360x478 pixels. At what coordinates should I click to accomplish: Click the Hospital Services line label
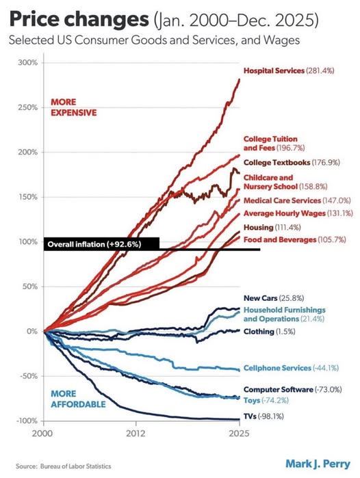pyautogui.click(x=289, y=70)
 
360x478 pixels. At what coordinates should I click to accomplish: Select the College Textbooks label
pyautogui.click(x=292, y=163)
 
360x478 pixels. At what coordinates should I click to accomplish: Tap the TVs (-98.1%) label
pyautogui.click(x=263, y=416)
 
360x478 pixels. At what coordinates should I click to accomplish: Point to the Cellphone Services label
pyautogui.click(x=291, y=368)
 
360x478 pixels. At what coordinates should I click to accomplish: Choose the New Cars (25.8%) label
pyautogui.click(x=274, y=298)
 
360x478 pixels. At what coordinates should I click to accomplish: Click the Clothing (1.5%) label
pyautogui.click(x=270, y=332)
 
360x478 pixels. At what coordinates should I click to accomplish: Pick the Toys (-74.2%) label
pyautogui.click(x=266, y=400)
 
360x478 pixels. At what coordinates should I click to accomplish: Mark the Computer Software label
pyautogui.click(x=292, y=390)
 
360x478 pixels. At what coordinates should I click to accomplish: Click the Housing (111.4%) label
pyautogui.click(x=272, y=228)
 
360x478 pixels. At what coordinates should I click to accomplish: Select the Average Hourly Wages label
pyautogui.click(x=298, y=213)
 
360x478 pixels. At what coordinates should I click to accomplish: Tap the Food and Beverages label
pyautogui.click(x=295, y=240)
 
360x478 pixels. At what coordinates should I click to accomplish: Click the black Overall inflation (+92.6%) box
pyautogui.click(x=101, y=244)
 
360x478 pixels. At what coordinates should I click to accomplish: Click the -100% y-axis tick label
pyautogui.click(x=27, y=421)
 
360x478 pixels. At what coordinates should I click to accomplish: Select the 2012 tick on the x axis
pyautogui.click(x=136, y=433)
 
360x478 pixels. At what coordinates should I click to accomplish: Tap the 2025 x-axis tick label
pyautogui.click(x=239, y=433)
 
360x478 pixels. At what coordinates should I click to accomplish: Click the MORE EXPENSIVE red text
pyautogui.click(x=73, y=107)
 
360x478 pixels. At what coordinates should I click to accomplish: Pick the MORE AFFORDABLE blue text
pyautogui.click(x=78, y=399)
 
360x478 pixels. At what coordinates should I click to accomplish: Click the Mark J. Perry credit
pyautogui.click(x=318, y=464)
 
